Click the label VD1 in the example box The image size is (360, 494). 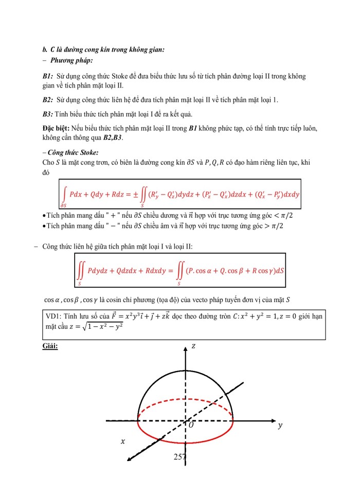[53, 316]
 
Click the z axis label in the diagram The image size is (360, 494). [193, 346]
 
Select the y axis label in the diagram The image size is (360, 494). [280, 426]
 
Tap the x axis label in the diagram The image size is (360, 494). [122, 441]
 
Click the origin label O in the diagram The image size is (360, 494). [191, 426]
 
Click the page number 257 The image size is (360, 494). [180, 457]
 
